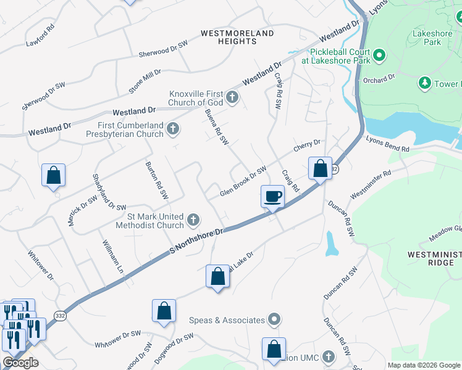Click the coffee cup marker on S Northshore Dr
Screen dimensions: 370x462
[273, 197]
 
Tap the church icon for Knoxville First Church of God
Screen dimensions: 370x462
[232, 96]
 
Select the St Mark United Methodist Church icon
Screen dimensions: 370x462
[193, 220]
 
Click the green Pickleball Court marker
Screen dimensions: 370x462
[380, 56]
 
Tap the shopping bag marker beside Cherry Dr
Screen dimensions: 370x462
[320, 168]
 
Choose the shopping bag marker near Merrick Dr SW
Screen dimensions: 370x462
[54, 175]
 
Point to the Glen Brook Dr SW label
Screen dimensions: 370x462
[243, 182]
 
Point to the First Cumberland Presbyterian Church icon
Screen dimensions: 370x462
[174, 129]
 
